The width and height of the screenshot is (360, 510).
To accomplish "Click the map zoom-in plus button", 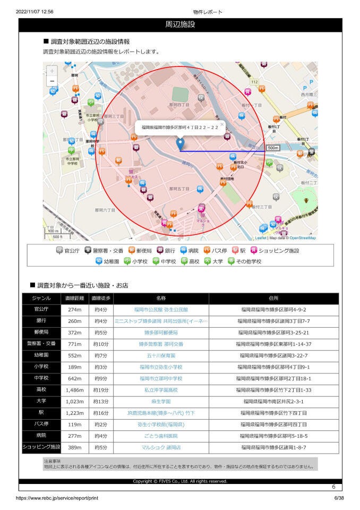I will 52,71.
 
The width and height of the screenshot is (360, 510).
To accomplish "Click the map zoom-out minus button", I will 52,81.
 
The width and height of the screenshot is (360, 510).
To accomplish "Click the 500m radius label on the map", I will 273,147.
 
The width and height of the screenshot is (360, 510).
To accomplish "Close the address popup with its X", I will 222,125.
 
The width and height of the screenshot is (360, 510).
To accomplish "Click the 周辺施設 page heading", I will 180,25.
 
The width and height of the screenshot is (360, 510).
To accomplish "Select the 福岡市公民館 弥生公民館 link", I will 161,309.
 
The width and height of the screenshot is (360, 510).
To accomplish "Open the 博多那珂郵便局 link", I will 161,333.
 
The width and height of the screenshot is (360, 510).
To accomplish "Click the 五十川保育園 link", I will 161,355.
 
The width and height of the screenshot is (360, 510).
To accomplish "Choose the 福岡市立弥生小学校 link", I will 161,367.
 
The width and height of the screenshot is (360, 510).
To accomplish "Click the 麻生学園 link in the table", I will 161,402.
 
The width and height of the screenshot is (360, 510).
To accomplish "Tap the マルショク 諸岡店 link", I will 161,448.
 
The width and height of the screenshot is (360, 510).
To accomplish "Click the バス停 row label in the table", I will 41,424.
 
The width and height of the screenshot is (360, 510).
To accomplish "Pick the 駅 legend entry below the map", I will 238,250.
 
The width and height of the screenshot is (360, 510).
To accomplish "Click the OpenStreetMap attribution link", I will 302,238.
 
